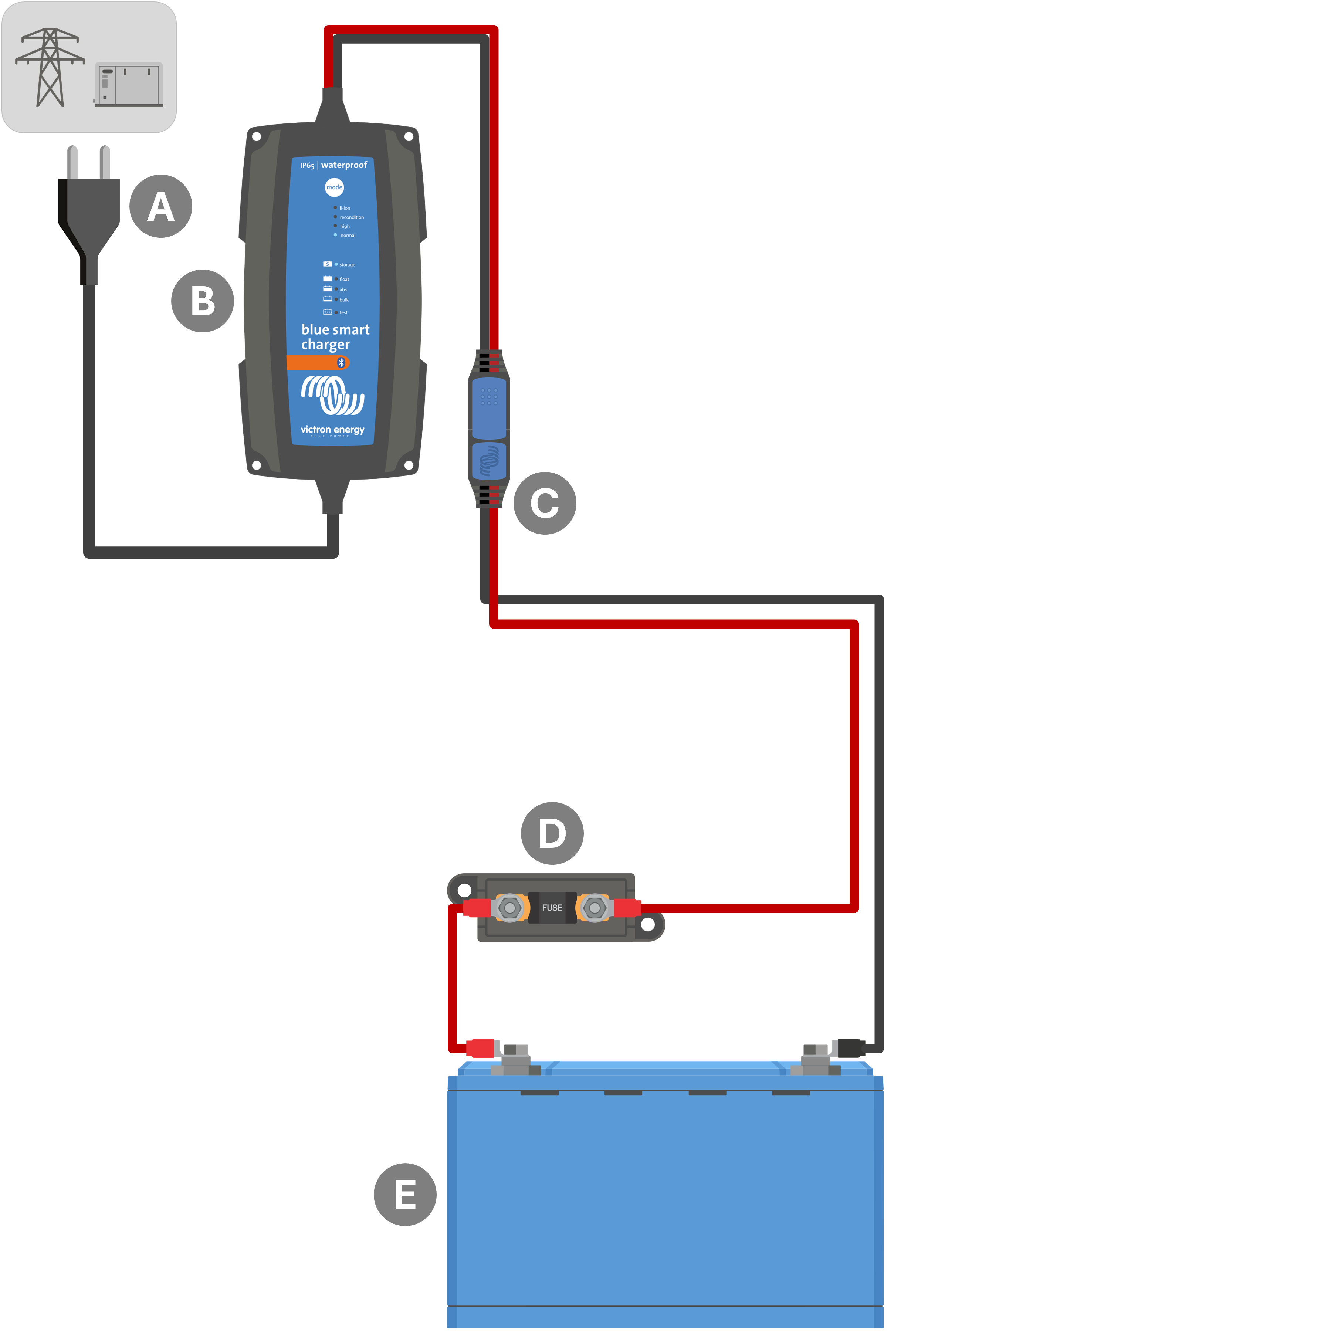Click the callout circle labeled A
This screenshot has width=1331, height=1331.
tap(160, 206)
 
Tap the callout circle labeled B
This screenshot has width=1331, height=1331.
tap(203, 301)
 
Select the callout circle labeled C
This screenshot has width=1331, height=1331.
tap(544, 503)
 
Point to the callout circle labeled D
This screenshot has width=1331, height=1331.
tap(552, 833)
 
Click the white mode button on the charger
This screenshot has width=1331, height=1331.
tap(334, 187)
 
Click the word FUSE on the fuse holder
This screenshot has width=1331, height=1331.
tap(552, 907)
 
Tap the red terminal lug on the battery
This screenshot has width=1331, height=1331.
tap(481, 1048)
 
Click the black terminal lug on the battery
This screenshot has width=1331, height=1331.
tap(851, 1048)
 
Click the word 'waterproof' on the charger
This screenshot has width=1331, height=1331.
tap(344, 165)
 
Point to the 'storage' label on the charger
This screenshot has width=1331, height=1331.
tap(347, 265)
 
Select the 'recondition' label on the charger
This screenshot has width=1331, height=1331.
tap(351, 217)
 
